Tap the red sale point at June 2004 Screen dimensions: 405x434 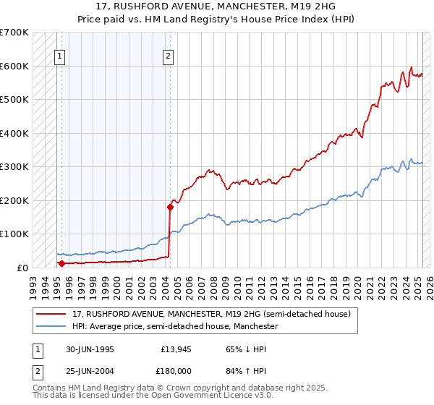tap(171, 207)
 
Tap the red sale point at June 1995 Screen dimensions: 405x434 tap(61, 263)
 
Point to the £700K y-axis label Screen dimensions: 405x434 tap(14, 33)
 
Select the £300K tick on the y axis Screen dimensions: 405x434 tap(14, 167)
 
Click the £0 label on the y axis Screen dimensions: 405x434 tap(22, 268)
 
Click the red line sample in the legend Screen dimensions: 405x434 tap(51, 314)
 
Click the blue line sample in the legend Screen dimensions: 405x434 tap(51, 326)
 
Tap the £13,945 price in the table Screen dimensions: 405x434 tap(174, 349)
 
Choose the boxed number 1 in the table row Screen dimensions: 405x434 tap(37, 349)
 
